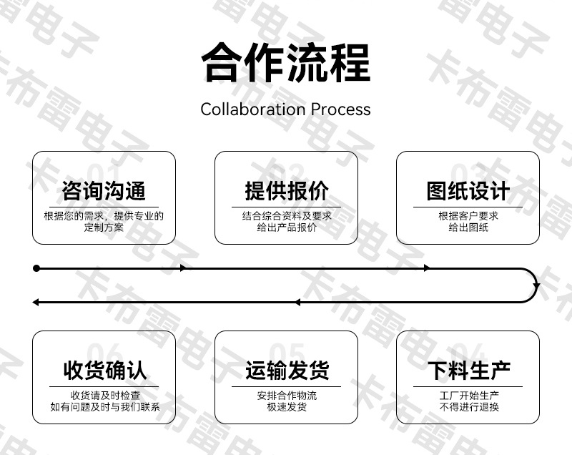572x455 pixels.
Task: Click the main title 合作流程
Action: [286, 63]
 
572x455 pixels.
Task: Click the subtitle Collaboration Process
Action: [285, 109]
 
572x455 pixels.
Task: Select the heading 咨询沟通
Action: [104, 191]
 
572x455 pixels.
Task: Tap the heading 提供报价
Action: [287, 191]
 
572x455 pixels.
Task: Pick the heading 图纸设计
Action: [468, 191]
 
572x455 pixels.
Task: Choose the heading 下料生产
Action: [468, 371]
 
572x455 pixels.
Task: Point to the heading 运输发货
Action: [287, 371]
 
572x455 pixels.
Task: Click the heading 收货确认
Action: [104, 371]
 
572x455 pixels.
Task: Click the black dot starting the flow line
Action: [36, 268]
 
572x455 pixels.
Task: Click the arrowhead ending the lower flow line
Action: [35, 302]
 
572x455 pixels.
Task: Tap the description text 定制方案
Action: [104, 227]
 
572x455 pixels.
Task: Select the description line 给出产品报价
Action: [287, 227]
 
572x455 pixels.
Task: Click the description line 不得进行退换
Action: [469, 406]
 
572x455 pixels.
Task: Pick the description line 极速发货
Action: [287, 406]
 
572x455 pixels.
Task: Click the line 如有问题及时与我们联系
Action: [105, 406]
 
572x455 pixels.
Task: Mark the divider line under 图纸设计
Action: [468, 207]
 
